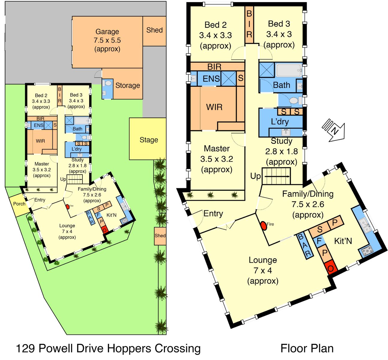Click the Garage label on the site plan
click(107, 31)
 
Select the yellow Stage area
click(147, 139)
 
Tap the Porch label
click(19, 204)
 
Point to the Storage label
click(128, 85)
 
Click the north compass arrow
click(334, 130)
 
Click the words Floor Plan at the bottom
click(307, 349)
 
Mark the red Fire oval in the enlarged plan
click(264, 226)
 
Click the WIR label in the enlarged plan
click(214, 107)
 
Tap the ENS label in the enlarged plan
click(211, 79)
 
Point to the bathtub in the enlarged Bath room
click(289, 70)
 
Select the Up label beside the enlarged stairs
click(256, 176)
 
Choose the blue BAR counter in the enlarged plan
click(305, 245)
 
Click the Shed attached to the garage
click(154, 31)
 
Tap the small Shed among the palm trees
click(160, 236)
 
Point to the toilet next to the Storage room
click(108, 83)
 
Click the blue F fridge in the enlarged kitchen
click(319, 241)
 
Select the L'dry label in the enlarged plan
click(280, 122)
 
